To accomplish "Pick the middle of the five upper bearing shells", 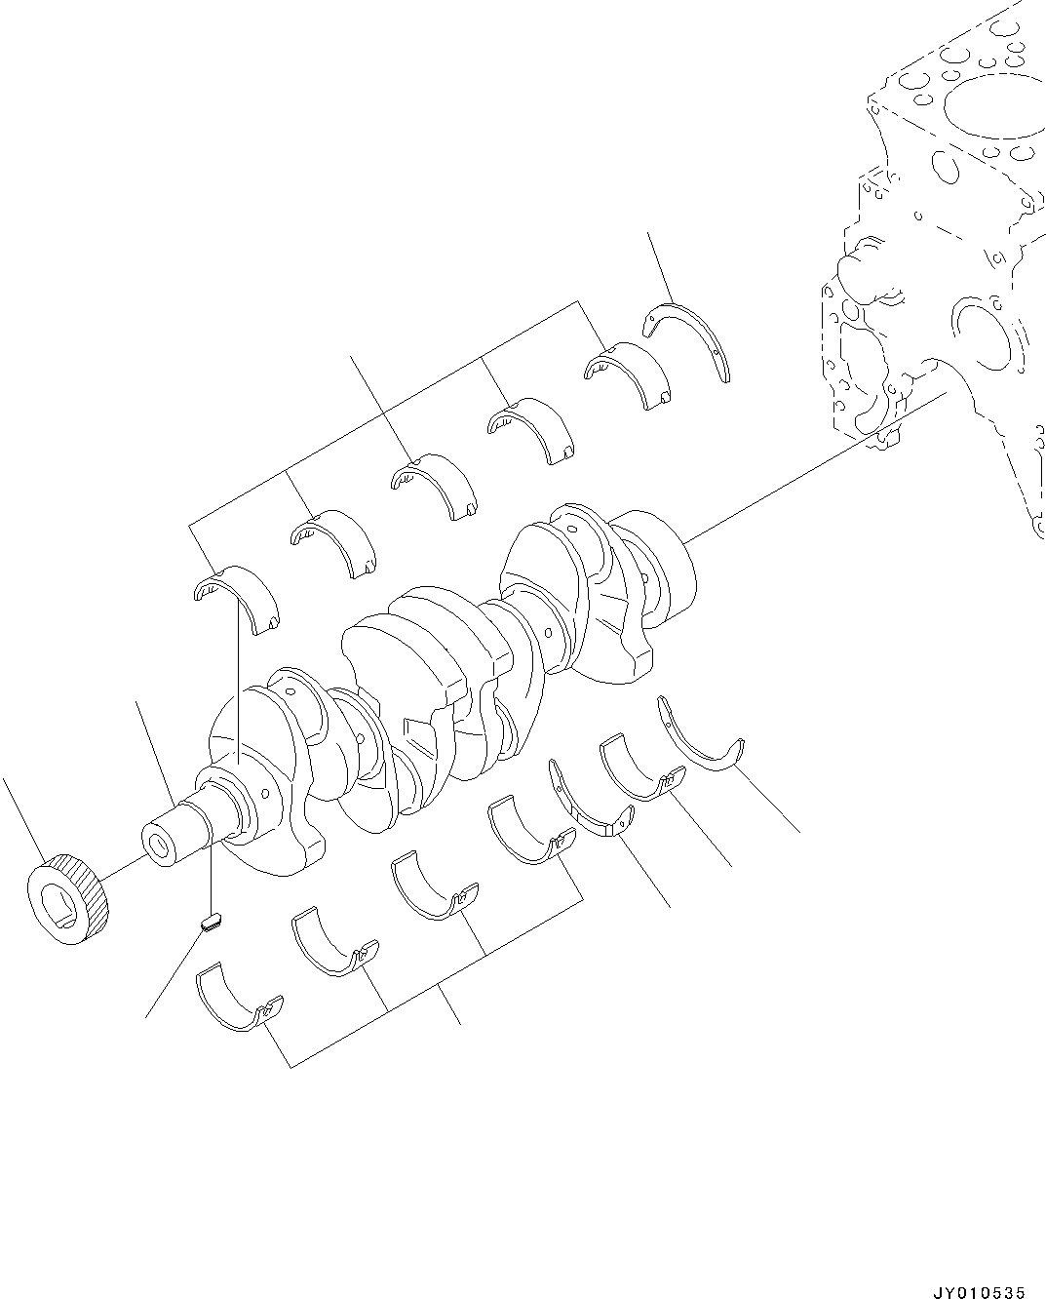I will tap(436, 485).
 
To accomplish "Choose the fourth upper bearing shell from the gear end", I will tap(532, 429).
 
